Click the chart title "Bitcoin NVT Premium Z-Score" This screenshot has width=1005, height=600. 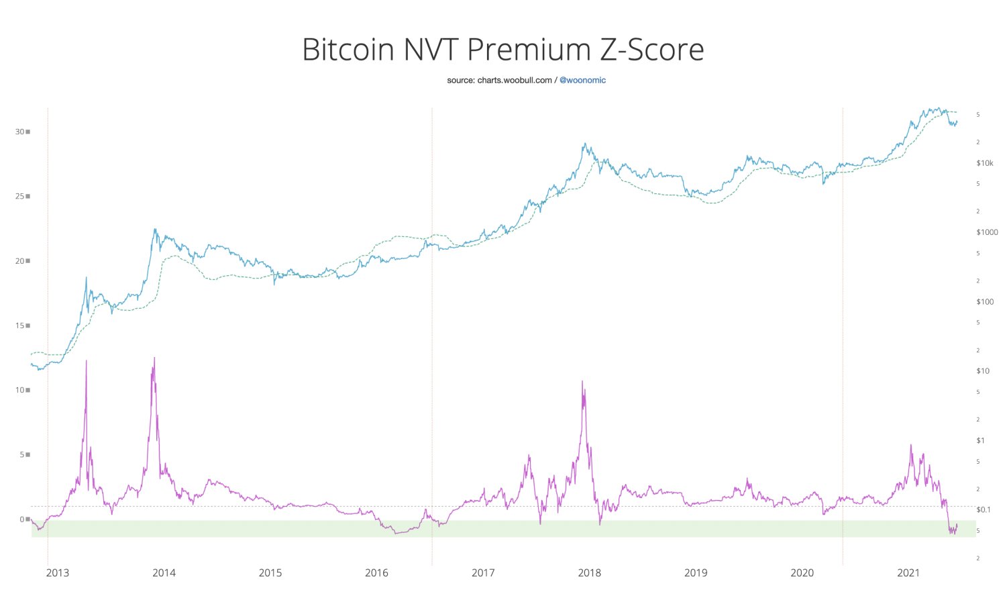[503, 50]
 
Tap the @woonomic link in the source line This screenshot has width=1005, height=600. [582, 81]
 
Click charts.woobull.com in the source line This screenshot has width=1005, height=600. [515, 81]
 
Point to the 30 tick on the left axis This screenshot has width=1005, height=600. [20, 132]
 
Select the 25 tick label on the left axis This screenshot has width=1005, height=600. [20, 197]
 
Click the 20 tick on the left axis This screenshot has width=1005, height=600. [20, 261]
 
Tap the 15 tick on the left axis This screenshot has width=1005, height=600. [20, 326]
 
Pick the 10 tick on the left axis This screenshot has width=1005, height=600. [20, 390]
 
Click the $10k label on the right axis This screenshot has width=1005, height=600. [985, 163]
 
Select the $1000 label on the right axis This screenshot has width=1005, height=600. [987, 232]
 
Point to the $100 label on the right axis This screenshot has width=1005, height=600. [985, 302]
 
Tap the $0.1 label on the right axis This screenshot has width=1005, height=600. [984, 509]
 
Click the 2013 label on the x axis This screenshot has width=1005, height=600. [58, 572]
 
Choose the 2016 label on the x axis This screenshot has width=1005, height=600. [376, 572]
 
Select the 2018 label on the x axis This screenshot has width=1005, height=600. [590, 572]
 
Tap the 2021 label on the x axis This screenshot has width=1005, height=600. [908, 572]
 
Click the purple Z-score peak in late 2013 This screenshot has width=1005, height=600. [154, 358]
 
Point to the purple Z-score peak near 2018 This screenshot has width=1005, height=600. [582, 382]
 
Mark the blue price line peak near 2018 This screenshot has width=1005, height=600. [585, 144]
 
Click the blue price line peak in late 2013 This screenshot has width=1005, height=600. [155, 230]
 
